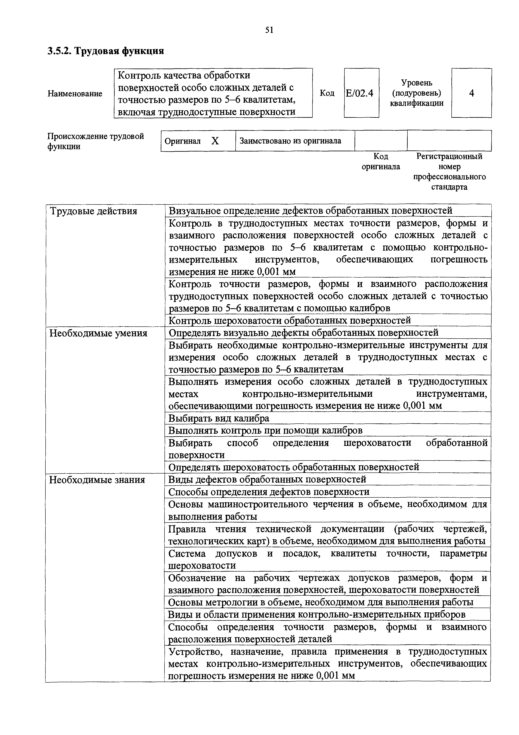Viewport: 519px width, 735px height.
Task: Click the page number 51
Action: point(269,30)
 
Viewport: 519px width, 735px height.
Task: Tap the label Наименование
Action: point(75,94)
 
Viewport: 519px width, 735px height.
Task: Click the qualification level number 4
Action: point(471,93)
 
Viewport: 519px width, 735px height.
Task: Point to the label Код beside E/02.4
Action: point(327,93)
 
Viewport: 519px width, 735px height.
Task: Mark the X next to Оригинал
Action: point(215,141)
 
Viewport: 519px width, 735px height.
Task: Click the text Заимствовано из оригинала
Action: point(290,141)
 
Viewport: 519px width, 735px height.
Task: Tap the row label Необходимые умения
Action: point(98,334)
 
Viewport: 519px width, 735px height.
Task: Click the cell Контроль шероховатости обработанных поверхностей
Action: point(289,320)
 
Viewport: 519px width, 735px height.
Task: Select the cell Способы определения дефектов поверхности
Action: point(269,492)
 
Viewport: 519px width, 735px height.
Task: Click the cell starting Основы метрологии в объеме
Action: point(320,602)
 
